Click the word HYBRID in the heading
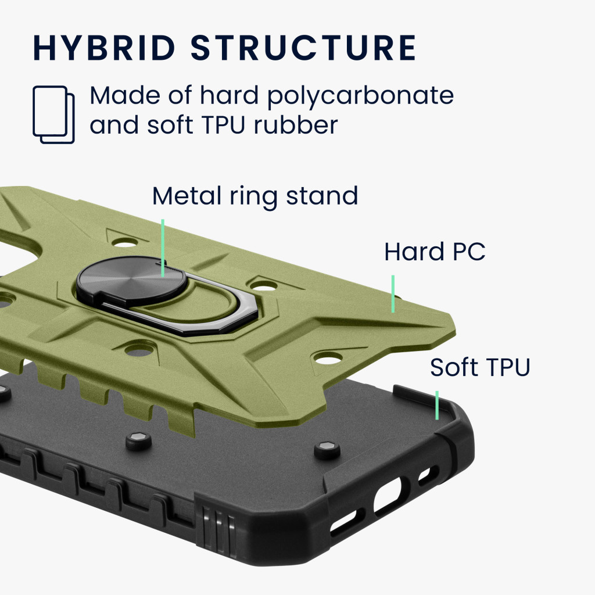(x=104, y=48)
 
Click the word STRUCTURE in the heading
(x=303, y=48)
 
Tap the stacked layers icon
(x=53, y=114)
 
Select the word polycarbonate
(x=360, y=96)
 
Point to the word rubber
(x=296, y=125)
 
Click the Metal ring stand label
(x=255, y=196)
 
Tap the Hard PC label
(x=435, y=252)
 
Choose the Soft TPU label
(x=480, y=367)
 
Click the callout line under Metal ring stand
(x=163, y=248)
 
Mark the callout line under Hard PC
(x=393, y=293)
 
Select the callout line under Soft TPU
(x=437, y=405)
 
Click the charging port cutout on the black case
(x=388, y=495)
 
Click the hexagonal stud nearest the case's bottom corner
(x=327, y=450)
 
